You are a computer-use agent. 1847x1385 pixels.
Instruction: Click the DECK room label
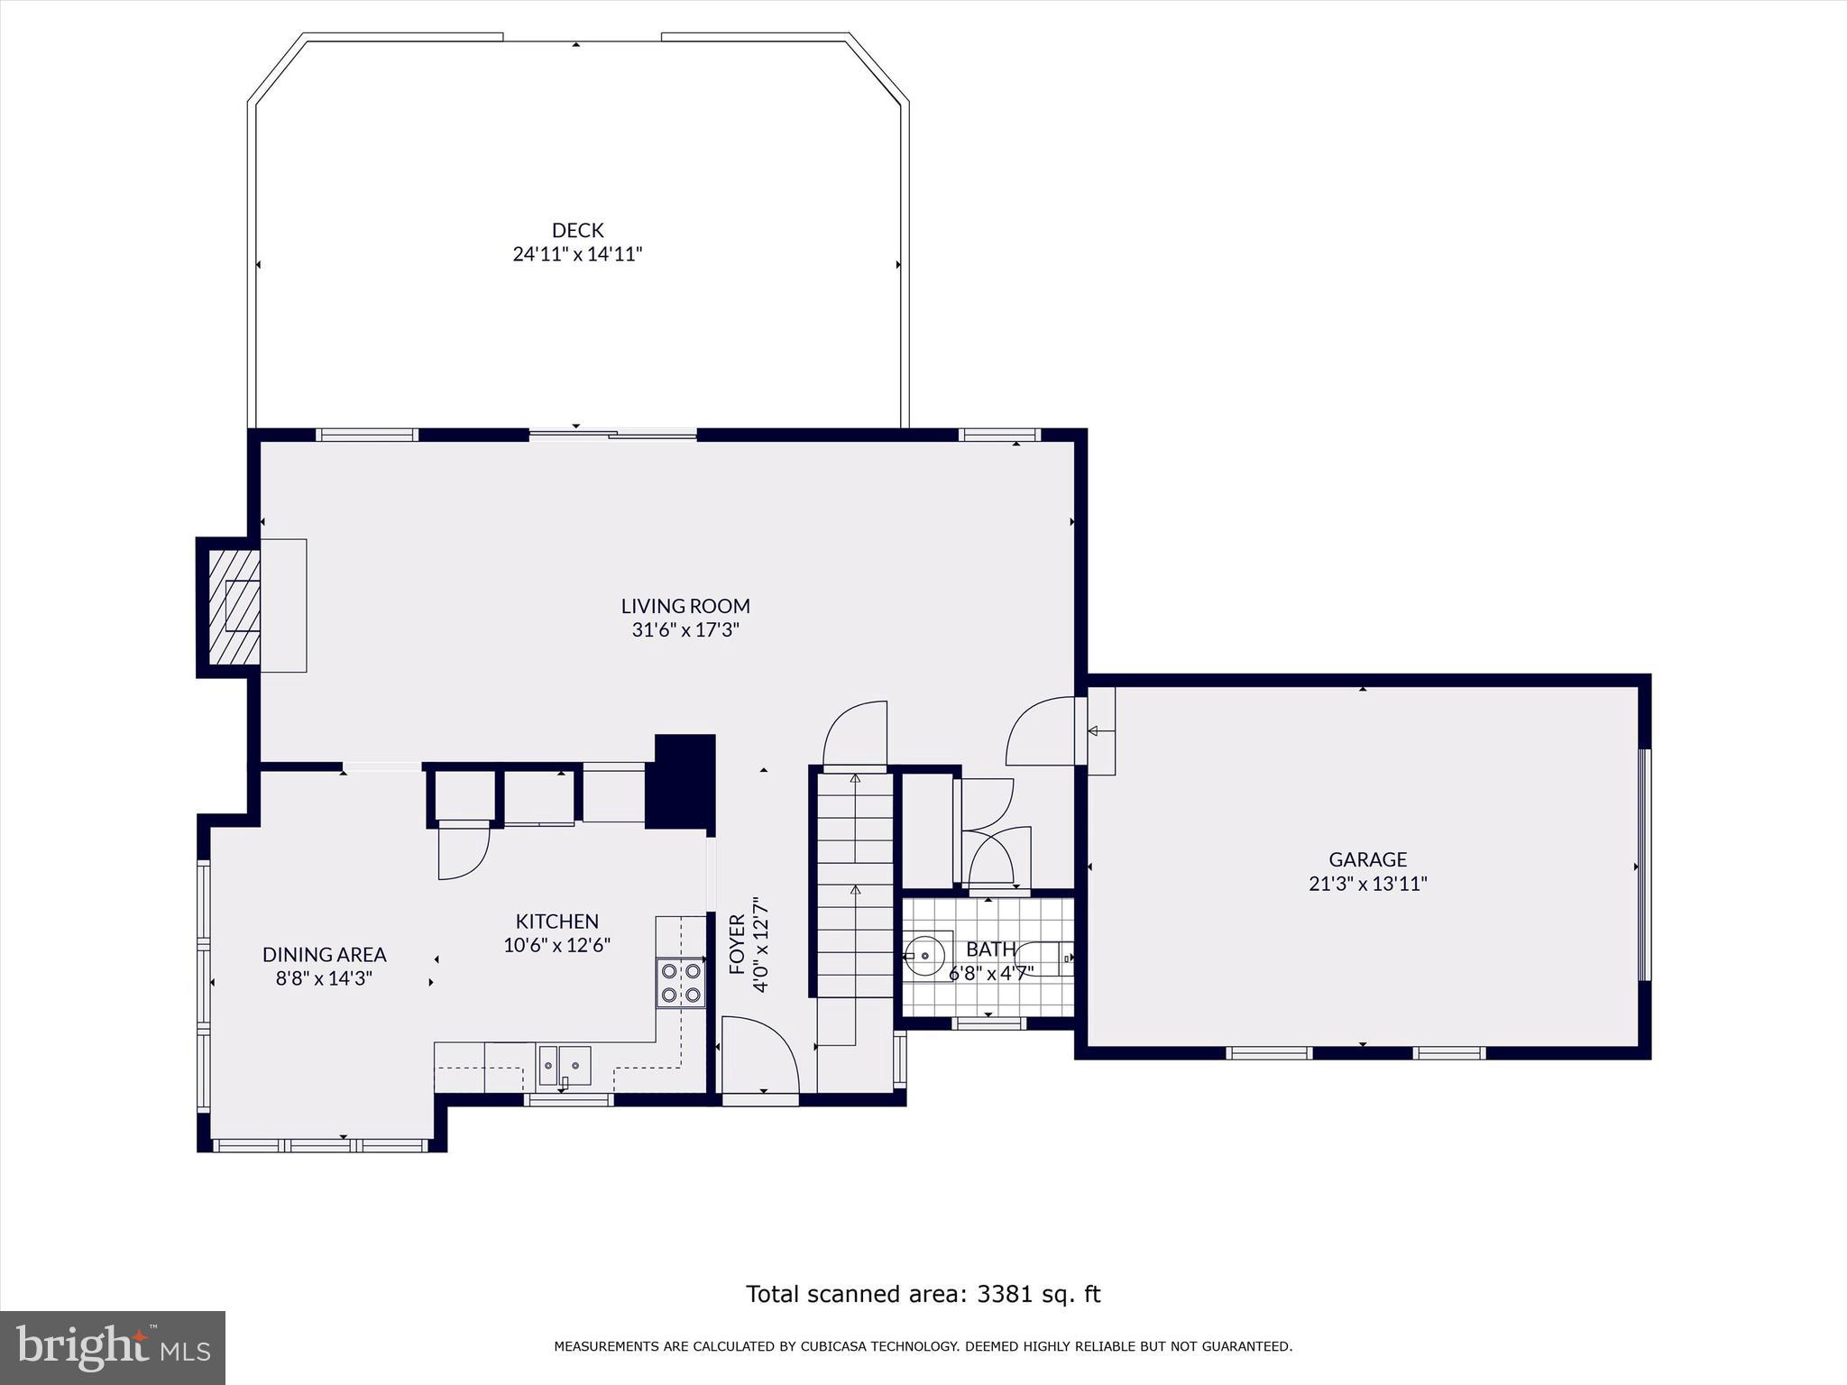577,230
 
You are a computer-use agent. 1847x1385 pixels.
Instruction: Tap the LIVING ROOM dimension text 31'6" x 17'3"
685,630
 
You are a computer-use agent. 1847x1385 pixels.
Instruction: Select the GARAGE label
1367,859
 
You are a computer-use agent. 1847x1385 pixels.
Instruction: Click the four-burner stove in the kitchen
681,983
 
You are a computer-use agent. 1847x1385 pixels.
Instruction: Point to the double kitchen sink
565,1065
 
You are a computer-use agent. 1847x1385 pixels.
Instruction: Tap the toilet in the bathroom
1046,958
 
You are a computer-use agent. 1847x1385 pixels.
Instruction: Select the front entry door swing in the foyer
759,1055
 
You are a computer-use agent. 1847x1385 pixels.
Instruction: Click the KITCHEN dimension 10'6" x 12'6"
556,945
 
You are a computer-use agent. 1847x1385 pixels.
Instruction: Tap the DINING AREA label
324,954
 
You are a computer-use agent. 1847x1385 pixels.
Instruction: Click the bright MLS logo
113,1347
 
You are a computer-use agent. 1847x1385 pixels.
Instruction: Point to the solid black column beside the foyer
684,781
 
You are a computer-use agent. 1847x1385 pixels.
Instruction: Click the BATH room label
990,949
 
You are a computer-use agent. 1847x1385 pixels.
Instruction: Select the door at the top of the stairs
855,734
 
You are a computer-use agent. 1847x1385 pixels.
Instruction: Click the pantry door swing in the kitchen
463,852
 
